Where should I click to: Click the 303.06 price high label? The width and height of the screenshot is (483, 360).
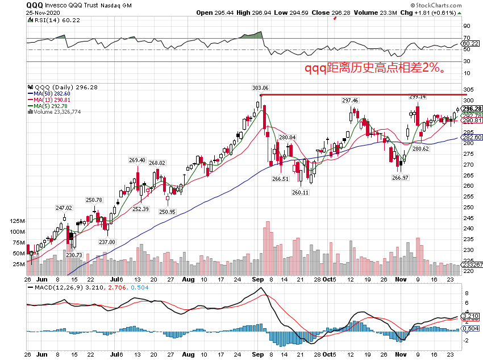pos(260,88)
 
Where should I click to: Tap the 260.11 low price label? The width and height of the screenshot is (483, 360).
pos(301,193)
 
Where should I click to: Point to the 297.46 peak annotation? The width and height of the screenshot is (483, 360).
pos(350,101)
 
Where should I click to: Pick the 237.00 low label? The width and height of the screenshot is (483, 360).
pos(107,242)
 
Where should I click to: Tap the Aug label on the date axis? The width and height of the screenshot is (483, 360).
pos(189,280)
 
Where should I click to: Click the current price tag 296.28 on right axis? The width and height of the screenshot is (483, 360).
pos(472,109)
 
